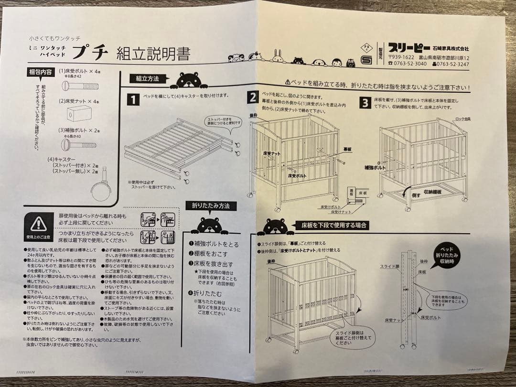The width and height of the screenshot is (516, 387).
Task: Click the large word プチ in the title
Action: click(x=90, y=52)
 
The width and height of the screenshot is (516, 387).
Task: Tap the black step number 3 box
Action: click(x=365, y=102)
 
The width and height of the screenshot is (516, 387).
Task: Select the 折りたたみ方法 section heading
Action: click(x=210, y=205)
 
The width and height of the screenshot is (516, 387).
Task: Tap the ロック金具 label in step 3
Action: click(x=462, y=119)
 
